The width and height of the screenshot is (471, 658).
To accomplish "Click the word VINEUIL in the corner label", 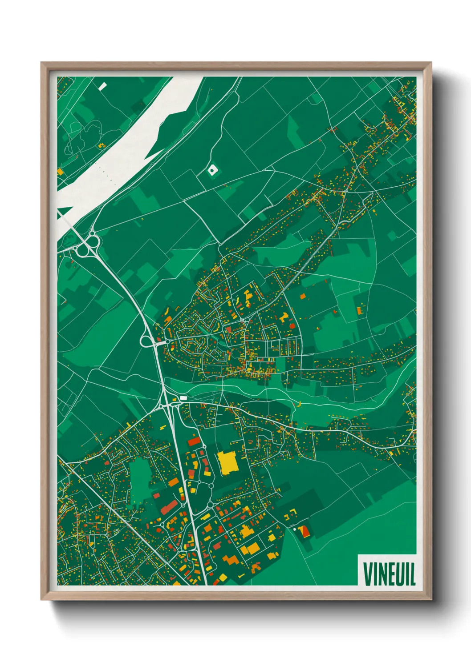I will (389, 574).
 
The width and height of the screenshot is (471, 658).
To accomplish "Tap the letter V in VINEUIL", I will (367, 574).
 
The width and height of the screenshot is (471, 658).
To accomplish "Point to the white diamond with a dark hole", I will (213, 170).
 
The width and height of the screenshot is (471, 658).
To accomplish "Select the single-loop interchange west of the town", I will (147, 341).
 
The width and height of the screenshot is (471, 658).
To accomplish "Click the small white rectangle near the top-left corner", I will (103, 86).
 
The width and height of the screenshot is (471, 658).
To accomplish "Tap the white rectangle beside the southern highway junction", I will (183, 398).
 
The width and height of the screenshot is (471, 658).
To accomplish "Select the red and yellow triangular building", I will (305, 531).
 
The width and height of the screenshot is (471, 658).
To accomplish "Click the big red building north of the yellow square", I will (194, 441).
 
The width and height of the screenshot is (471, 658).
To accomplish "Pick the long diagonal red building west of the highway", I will (169, 507).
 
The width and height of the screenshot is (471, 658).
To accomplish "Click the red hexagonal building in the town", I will (292, 325).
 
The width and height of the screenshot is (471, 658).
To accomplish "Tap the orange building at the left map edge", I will (60, 172).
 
